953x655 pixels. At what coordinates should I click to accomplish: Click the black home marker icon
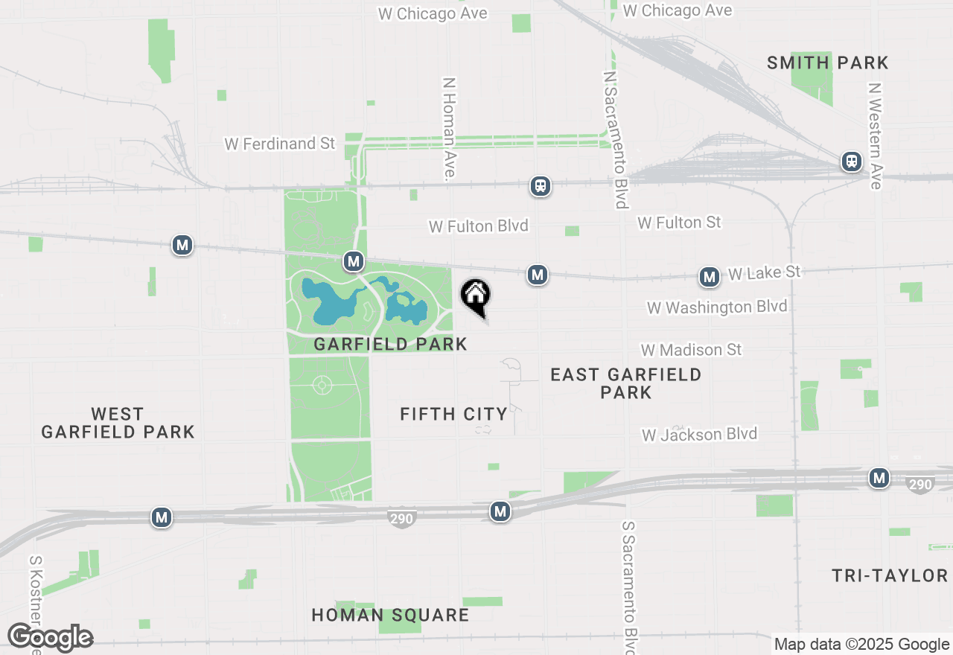[475, 296]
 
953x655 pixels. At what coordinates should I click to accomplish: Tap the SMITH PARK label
[828, 63]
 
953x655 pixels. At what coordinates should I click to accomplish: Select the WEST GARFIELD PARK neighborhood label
[118, 423]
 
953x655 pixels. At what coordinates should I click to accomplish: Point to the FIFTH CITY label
[453, 414]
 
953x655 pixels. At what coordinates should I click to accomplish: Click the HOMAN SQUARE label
[390, 616]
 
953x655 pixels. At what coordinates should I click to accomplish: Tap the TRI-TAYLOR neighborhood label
[890, 575]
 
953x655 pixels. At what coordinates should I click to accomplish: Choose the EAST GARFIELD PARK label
[625, 383]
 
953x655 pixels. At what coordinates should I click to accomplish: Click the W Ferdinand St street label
[280, 144]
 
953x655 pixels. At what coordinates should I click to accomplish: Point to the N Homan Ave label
[448, 129]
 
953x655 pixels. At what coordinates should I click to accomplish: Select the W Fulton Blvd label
[479, 226]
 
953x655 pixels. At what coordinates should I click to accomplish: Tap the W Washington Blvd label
[716, 307]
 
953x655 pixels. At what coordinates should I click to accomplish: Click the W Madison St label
[692, 350]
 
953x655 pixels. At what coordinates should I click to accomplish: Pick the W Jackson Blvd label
[699, 434]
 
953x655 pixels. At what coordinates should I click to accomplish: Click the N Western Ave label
[875, 135]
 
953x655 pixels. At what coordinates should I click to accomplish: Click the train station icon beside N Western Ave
[852, 162]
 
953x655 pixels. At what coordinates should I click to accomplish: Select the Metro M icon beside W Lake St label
[710, 278]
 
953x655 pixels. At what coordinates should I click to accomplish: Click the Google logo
[50, 638]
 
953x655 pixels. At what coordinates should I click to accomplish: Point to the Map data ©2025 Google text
[861, 645]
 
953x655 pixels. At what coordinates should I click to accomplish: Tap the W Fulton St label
[679, 222]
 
